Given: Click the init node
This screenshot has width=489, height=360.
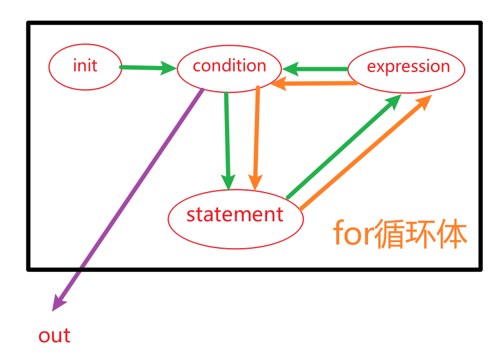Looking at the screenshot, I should (84, 66).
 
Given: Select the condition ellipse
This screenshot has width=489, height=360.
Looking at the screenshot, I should (229, 67).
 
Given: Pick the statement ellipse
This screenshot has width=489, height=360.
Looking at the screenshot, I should (235, 215).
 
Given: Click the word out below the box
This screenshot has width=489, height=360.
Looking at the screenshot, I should (54, 336).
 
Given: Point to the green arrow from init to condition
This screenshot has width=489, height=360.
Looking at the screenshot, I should (147, 67).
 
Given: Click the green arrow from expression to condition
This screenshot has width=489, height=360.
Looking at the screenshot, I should (318, 68).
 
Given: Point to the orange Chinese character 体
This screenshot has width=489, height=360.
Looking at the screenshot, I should (452, 234).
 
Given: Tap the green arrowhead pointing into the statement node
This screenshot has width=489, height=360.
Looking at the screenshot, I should (228, 182).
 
